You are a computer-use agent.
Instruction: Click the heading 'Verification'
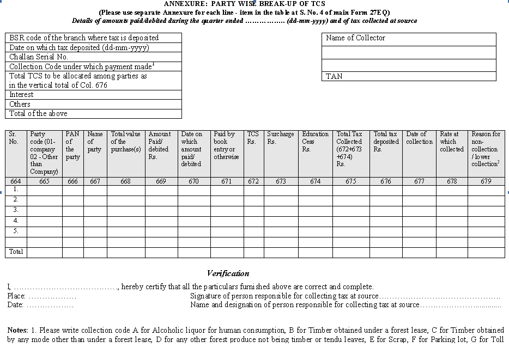(x=228, y=273)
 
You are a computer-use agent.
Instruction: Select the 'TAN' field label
(x=334, y=77)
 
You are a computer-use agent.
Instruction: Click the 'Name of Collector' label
(x=355, y=38)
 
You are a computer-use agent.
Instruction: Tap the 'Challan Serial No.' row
(x=39, y=57)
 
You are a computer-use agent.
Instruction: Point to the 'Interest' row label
(x=21, y=95)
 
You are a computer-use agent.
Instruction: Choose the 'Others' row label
(x=20, y=104)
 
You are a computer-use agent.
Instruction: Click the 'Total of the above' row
(x=38, y=114)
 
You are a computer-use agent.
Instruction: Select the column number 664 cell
(x=16, y=181)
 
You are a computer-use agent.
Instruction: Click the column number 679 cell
(x=485, y=181)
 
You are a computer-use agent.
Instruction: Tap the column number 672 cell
(x=253, y=181)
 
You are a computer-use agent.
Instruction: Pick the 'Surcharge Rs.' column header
(x=280, y=138)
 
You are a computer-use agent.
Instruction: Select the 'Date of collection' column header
(x=419, y=138)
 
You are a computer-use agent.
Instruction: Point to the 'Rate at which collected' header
(x=451, y=142)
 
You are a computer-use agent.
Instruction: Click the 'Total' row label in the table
(x=16, y=252)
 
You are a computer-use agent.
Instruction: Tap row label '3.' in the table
(x=16, y=210)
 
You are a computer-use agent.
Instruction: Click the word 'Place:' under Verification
(x=16, y=296)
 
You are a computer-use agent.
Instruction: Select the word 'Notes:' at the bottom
(x=18, y=331)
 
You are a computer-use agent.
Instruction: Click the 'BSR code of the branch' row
(x=84, y=38)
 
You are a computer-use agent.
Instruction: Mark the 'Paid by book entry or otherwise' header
(x=226, y=145)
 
